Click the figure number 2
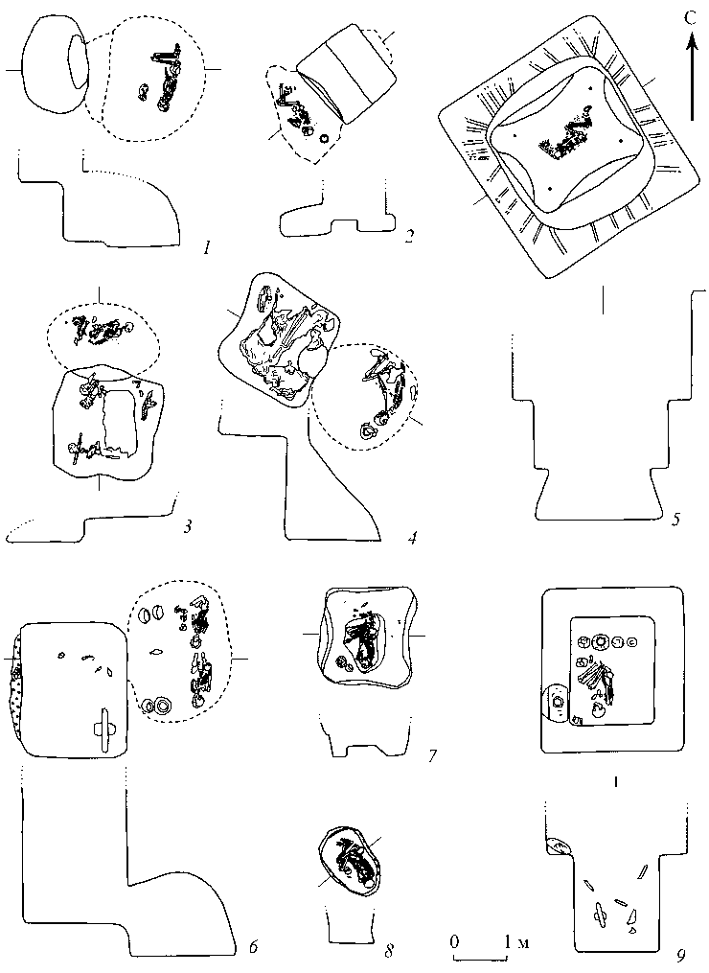(408, 236)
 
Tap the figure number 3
(188, 527)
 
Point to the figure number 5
(676, 517)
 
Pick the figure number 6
(252, 947)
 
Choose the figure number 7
(432, 755)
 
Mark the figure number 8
(389, 949)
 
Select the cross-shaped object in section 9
(600, 913)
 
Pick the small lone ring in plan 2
(323, 138)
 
